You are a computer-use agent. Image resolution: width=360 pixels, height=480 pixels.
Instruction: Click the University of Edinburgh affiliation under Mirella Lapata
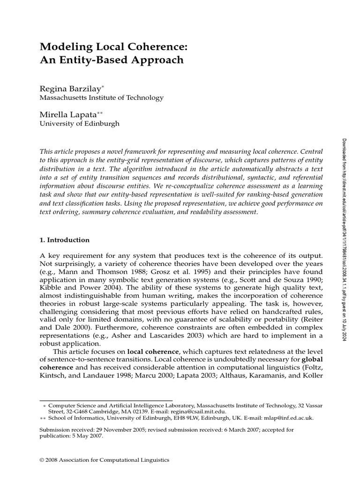coord(79,124)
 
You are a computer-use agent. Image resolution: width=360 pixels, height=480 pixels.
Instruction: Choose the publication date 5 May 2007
coord(84,435)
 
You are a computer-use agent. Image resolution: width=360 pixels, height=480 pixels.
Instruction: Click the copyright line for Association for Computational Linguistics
coord(105,460)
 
